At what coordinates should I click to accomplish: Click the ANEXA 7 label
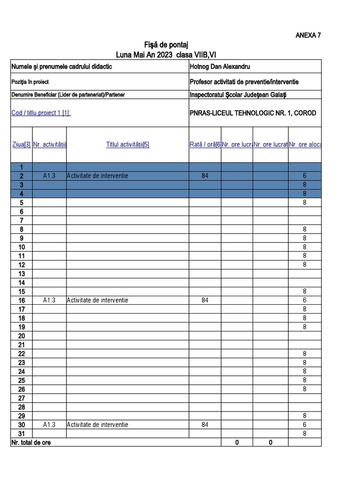[x=308, y=35]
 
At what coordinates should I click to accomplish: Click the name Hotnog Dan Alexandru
[x=219, y=67]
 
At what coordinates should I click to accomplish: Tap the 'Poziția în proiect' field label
[x=30, y=82]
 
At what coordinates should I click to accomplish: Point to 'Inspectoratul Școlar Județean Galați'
[x=238, y=95]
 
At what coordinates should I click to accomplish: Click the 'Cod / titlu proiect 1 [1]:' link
[x=41, y=113]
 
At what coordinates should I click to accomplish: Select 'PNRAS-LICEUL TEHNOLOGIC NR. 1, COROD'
[x=253, y=113]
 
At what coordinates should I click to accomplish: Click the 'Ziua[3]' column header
[x=22, y=145]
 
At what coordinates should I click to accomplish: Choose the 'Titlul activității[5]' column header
[x=127, y=145]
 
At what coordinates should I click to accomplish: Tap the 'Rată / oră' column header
[x=205, y=145]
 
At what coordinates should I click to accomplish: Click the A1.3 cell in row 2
[x=49, y=176]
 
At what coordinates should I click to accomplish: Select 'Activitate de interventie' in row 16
[x=97, y=300]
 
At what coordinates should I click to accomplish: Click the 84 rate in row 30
[x=205, y=425]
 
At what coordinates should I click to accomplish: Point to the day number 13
[x=22, y=274]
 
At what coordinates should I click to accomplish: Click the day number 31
[x=22, y=434]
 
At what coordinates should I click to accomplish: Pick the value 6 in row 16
[x=305, y=300]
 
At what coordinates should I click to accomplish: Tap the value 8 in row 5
[x=305, y=202]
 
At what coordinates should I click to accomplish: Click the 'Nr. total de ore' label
[x=31, y=442]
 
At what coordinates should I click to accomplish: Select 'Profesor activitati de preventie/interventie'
[x=244, y=82]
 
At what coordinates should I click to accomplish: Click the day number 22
[x=22, y=353]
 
